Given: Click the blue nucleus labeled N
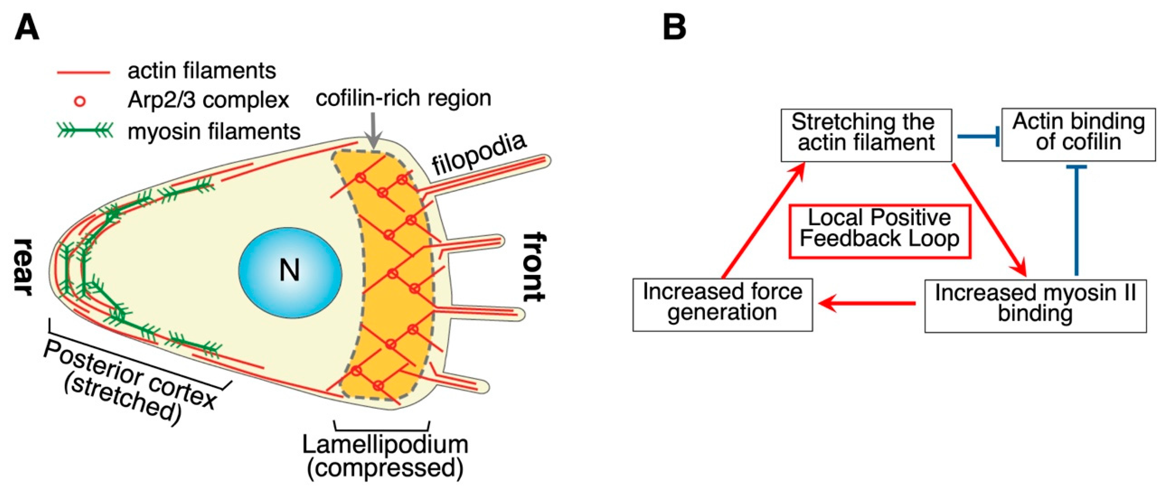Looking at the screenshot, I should click(x=290, y=271).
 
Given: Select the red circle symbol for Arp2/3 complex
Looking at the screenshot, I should click(x=80, y=101).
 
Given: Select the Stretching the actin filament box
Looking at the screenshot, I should click(x=866, y=135).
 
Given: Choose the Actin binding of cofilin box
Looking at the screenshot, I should click(x=1078, y=134).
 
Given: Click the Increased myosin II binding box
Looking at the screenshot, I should click(x=1035, y=306).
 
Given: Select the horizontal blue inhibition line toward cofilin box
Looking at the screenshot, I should click(x=978, y=136).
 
